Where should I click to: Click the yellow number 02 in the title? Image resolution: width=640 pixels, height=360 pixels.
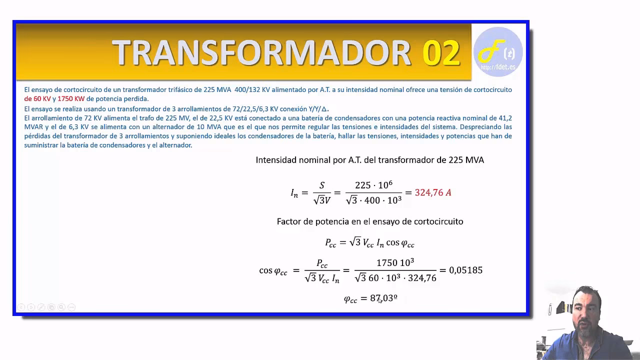pyautogui.click(x=441, y=52)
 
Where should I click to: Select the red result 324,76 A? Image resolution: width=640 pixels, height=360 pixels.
pyautogui.click(x=433, y=192)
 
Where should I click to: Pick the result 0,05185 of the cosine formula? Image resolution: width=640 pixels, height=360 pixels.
pyautogui.click(x=465, y=270)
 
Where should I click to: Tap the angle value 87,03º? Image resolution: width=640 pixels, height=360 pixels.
pyautogui.click(x=383, y=298)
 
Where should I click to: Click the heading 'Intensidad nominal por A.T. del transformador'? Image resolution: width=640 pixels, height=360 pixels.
pyautogui.click(x=369, y=160)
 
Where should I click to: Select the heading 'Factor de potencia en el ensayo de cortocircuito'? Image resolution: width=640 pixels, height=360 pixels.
pyautogui.click(x=370, y=221)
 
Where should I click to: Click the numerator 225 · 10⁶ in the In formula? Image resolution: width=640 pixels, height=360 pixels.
pyautogui.click(x=373, y=185)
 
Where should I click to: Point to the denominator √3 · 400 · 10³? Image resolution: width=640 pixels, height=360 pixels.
pyautogui.click(x=373, y=200)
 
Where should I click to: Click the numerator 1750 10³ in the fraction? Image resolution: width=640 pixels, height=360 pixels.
pyautogui.click(x=395, y=263)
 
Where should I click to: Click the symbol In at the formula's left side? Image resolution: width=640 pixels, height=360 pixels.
pyautogui.click(x=294, y=193)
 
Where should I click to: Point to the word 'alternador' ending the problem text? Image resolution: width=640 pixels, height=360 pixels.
pyautogui.click(x=176, y=145)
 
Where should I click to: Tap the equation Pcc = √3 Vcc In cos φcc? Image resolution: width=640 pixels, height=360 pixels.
pyautogui.click(x=369, y=243)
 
